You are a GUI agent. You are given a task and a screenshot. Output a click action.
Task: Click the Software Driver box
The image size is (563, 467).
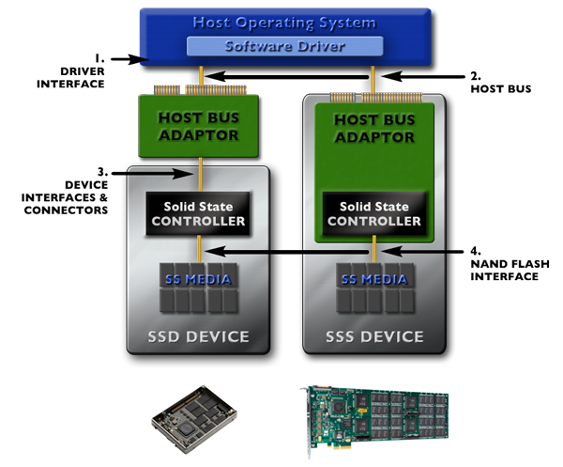tap(285, 46)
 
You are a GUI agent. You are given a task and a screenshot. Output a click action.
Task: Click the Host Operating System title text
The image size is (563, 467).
tap(285, 22)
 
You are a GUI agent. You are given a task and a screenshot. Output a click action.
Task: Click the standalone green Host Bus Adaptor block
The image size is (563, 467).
tap(200, 127)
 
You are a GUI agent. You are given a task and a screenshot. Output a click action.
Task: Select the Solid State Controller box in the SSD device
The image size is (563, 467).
tap(199, 213)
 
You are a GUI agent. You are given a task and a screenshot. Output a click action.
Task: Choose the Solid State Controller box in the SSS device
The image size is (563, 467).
tap(374, 213)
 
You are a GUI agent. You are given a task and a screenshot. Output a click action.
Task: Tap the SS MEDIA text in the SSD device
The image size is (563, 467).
tap(199, 279)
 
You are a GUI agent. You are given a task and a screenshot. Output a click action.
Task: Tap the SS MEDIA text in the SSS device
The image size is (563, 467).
tap(374, 279)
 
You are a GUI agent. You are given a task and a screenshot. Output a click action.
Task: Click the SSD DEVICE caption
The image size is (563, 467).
tap(199, 336)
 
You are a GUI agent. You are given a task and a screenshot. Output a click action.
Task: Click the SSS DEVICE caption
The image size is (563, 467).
tap(374, 336)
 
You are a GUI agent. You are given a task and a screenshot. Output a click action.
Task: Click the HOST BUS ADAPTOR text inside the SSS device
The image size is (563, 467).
tap(374, 128)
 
